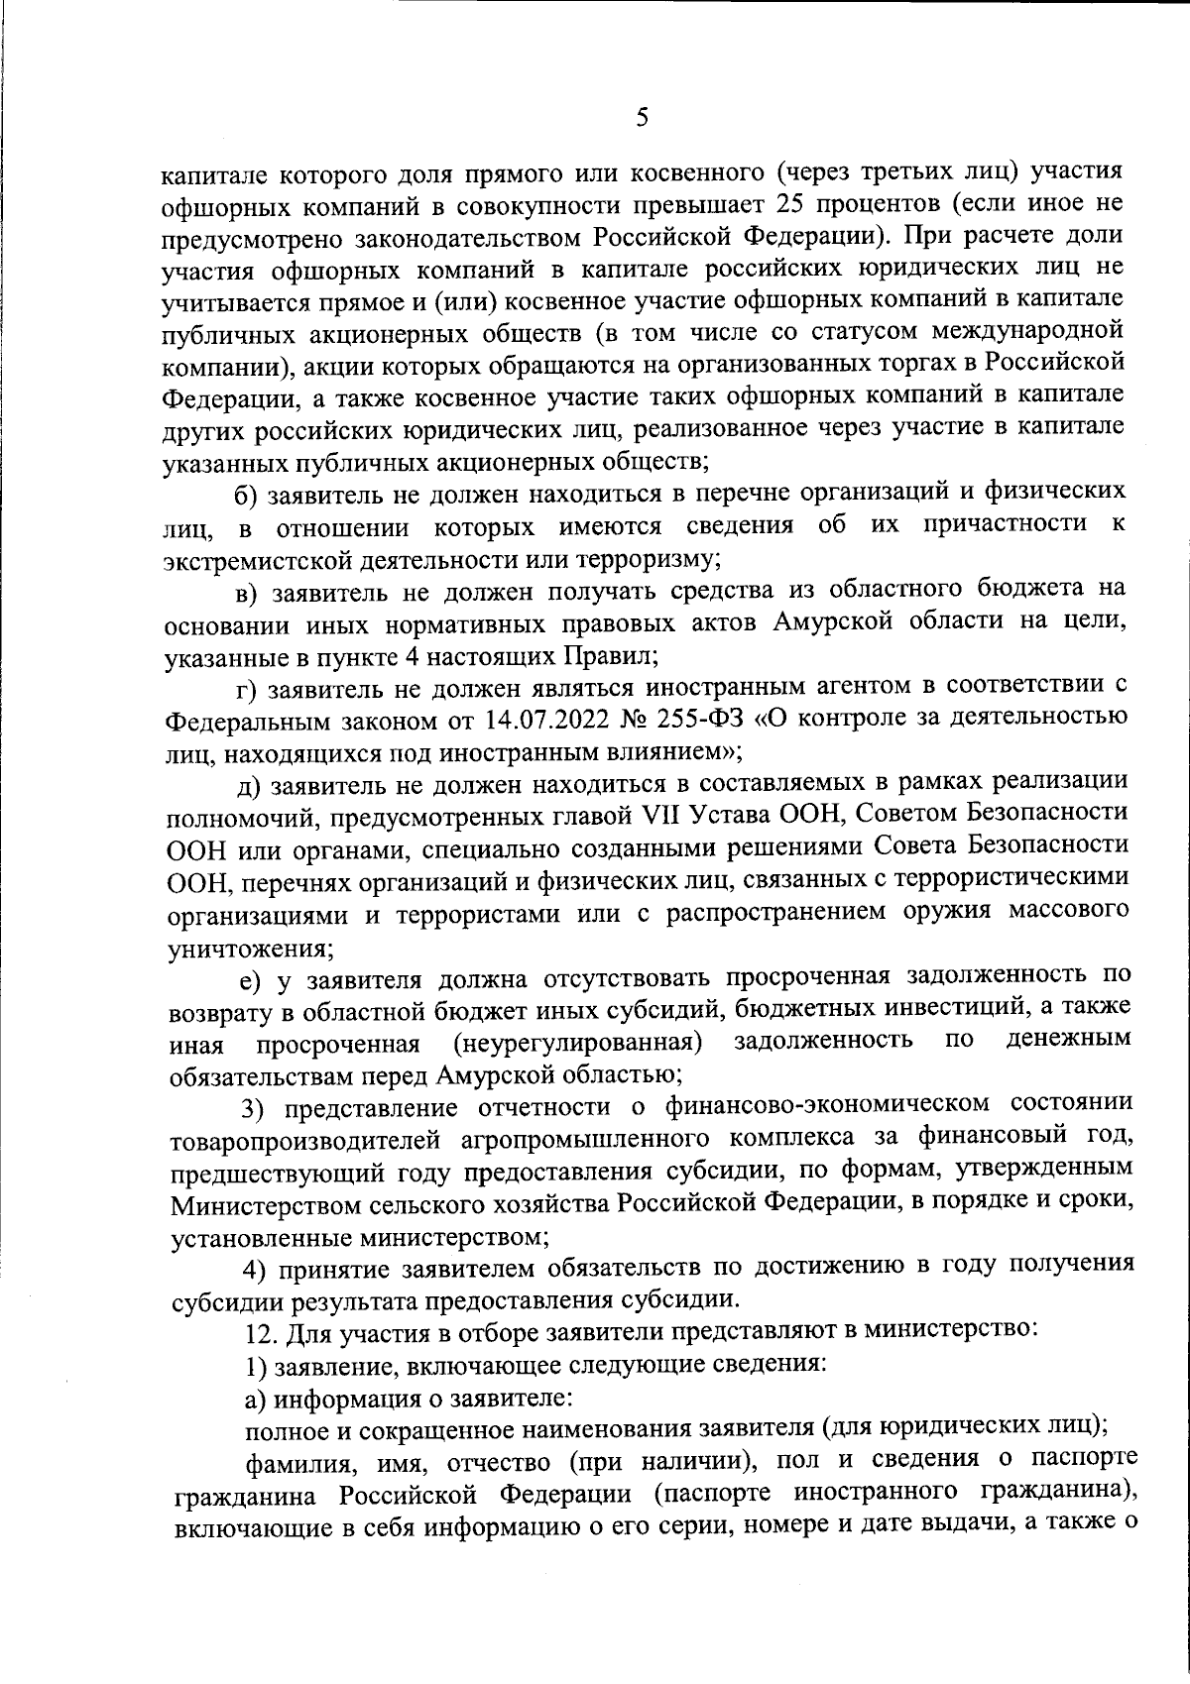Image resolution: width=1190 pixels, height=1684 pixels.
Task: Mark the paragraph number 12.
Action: tap(260, 1331)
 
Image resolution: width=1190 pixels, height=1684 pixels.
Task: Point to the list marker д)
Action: tap(248, 785)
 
